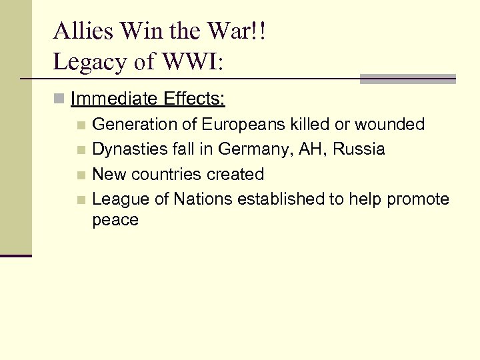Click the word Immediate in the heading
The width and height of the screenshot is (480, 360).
coord(113,100)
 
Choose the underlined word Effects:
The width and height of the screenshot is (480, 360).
coord(194,100)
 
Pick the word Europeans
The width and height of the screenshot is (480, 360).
coord(241,125)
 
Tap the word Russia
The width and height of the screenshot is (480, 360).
coord(358,149)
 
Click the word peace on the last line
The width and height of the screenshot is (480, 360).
coord(115,220)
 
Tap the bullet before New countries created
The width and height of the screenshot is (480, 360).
coord(81,175)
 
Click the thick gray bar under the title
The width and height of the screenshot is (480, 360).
coord(407,79)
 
